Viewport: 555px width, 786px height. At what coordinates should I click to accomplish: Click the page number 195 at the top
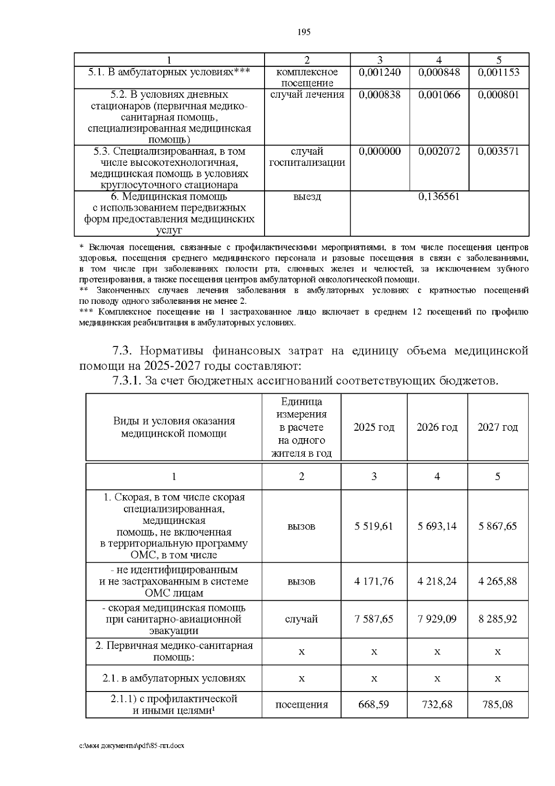pyautogui.click(x=304, y=32)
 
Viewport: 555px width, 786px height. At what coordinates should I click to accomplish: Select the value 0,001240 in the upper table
pyautogui.click(x=379, y=72)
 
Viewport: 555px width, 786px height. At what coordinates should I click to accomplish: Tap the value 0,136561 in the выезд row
pyautogui.click(x=438, y=196)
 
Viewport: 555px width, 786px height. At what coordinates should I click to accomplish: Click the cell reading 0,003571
pyautogui.click(x=498, y=151)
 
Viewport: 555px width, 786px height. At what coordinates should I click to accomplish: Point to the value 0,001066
pyautogui.click(x=438, y=95)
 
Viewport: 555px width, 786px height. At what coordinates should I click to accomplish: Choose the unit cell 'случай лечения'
pyautogui.click(x=307, y=95)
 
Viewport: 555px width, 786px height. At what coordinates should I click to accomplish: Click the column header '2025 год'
pyautogui.click(x=374, y=427)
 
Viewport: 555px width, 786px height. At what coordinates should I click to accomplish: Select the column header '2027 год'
pyautogui.click(x=498, y=427)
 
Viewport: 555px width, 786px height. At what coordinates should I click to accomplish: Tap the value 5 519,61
pyautogui.click(x=374, y=526)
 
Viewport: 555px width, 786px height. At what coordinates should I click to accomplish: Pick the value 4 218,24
pyautogui.click(x=437, y=581)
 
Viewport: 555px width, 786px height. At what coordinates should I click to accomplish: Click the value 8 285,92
pyautogui.click(x=498, y=619)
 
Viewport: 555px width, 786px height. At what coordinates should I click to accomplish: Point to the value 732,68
pyautogui.click(x=437, y=704)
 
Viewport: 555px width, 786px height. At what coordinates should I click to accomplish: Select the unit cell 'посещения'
pyautogui.click(x=302, y=705)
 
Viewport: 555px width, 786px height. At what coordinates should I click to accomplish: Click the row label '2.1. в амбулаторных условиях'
pyautogui.click(x=174, y=679)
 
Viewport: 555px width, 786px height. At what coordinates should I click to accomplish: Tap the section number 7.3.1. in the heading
pyautogui.click(x=126, y=381)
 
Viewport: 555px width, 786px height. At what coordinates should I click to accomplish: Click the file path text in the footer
pyautogui.click(x=131, y=746)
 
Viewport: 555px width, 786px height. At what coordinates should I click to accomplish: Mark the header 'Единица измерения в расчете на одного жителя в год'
pyautogui.click(x=302, y=427)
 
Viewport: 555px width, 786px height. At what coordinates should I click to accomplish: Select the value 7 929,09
pyautogui.click(x=437, y=619)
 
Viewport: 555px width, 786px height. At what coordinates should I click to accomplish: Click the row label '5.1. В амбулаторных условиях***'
pyautogui.click(x=169, y=72)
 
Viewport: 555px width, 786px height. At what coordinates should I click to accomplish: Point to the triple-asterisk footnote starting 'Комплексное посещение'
pyautogui.click(x=303, y=317)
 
